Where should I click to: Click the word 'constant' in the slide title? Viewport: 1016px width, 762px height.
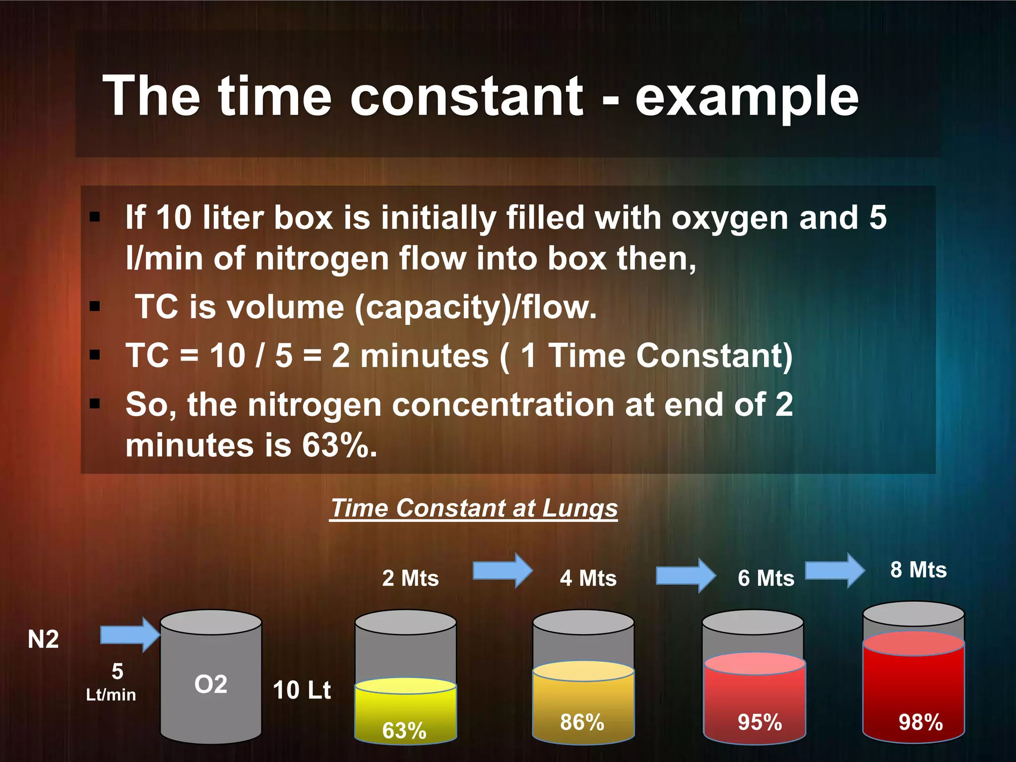pyautogui.click(x=466, y=97)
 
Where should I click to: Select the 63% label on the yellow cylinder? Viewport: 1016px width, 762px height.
pyautogui.click(x=404, y=730)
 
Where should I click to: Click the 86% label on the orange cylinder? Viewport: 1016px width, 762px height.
pyautogui.click(x=582, y=722)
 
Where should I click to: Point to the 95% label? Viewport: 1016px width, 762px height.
pyautogui.click(x=760, y=722)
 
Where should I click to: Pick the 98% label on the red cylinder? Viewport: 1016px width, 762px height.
pyautogui.click(x=920, y=722)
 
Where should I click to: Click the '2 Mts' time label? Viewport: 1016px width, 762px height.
pyautogui.click(x=410, y=578)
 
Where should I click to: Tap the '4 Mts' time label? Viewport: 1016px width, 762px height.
pyautogui.click(x=588, y=578)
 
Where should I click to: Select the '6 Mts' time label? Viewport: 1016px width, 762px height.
pyautogui.click(x=766, y=578)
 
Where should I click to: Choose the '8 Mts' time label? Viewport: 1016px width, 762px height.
pyautogui.click(x=918, y=570)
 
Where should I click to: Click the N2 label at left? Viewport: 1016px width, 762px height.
pyautogui.click(x=43, y=639)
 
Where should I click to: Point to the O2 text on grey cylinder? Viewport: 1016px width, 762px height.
pyautogui.click(x=211, y=685)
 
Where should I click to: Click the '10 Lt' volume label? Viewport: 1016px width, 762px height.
pyautogui.click(x=302, y=690)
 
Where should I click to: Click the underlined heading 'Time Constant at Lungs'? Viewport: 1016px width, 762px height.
pyautogui.click(x=474, y=508)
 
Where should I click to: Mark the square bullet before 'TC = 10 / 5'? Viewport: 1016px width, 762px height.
pyautogui.click(x=95, y=355)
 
